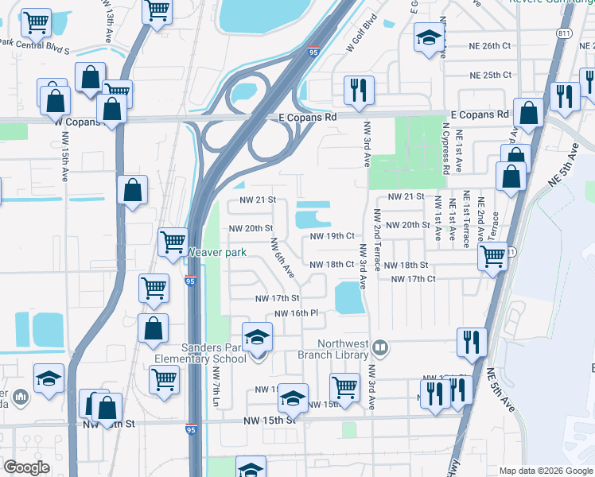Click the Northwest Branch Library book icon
click(x=381, y=348)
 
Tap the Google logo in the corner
click(x=26, y=467)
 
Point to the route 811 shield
click(x=563, y=33)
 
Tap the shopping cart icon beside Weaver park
click(x=173, y=242)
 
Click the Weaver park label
click(x=216, y=252)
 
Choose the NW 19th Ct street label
click(x=332, y=236)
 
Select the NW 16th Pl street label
click(x=296, y=313)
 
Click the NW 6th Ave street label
click(x=282, y=258)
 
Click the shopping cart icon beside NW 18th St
click(x=492, y=256)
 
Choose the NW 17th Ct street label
click(x=414, y=279)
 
